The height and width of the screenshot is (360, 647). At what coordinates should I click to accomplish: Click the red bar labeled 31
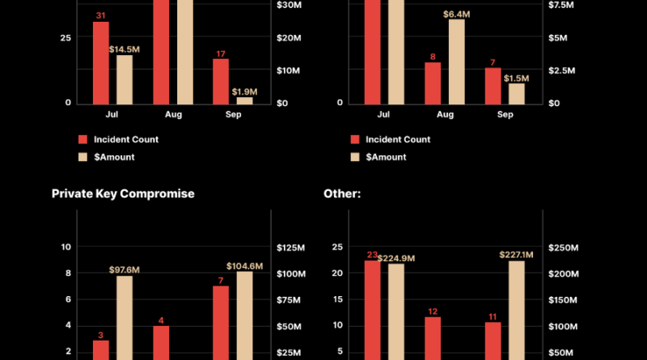[100, 62]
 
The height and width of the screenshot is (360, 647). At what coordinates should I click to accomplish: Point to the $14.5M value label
[125, 49]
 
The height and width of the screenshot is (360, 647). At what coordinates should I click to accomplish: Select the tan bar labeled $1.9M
[244, 100]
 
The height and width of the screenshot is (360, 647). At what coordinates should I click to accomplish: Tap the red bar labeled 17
[221, 81]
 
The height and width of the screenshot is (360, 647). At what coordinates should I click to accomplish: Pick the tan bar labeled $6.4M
[456, 61]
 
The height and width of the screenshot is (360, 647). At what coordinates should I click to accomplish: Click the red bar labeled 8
[433, 83]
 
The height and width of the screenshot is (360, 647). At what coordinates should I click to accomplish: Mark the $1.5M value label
[516, 78]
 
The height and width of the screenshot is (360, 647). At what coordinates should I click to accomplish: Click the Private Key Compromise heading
[123, 194]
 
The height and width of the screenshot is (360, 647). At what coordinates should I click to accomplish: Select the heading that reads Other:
[341, 194]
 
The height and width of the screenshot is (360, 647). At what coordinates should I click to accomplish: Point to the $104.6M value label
[245, 265]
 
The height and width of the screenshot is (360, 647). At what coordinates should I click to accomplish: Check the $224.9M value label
[397, 258]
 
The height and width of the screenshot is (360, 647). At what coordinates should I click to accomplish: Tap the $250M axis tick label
[564, 248]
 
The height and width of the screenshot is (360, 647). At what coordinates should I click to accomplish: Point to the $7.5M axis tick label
[561, 6]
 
